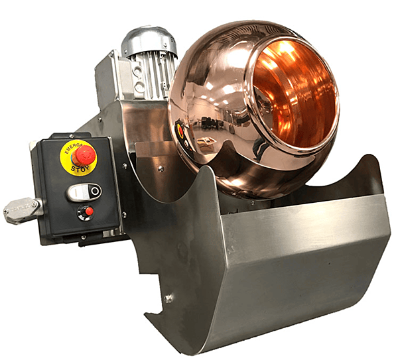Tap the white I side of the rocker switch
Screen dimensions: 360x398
tap(77, 192)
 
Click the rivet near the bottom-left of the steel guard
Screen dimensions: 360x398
tap(168, 298)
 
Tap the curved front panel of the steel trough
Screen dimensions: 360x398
tap(298, 265)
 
